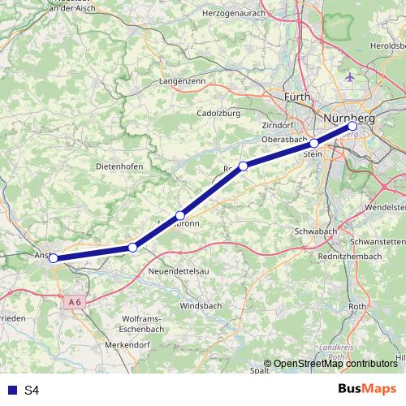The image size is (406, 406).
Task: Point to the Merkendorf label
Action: (127, 345)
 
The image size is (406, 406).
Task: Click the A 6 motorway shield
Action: (75, 302)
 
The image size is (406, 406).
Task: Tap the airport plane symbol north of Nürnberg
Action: (350, 77)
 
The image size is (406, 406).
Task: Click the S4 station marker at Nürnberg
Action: (352, 127)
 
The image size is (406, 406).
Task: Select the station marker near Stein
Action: (314, 143)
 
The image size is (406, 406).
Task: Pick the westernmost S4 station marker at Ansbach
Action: (54, 258)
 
